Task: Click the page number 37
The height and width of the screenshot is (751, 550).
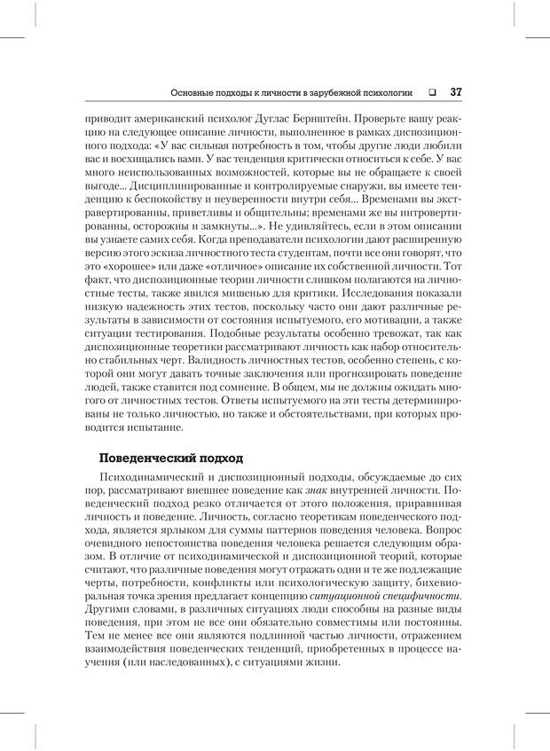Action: pos(456,92)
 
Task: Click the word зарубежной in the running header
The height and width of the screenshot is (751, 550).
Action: pos(323,92)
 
